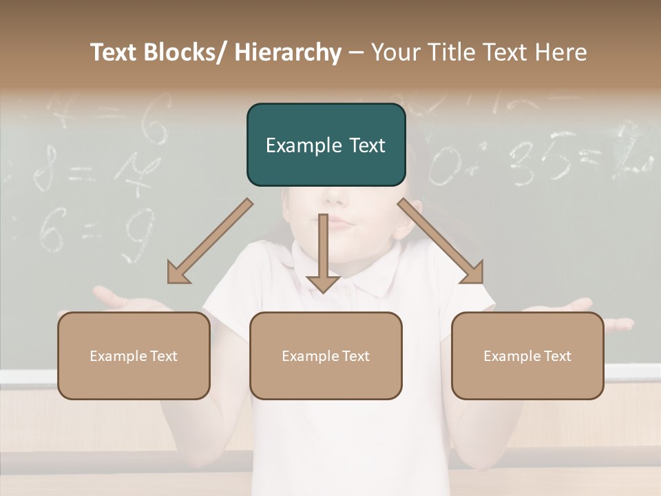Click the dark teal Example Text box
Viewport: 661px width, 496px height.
[326, 145]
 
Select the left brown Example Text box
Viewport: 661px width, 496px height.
[134, 355]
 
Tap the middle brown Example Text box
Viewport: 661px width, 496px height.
[326, 355]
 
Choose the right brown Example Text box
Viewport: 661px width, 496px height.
[527, 355]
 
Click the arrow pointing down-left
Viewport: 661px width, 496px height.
[210, 241]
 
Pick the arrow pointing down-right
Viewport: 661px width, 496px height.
[441, 241]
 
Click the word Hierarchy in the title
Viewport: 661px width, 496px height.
[288, 53]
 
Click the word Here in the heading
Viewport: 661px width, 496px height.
[560, 52]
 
